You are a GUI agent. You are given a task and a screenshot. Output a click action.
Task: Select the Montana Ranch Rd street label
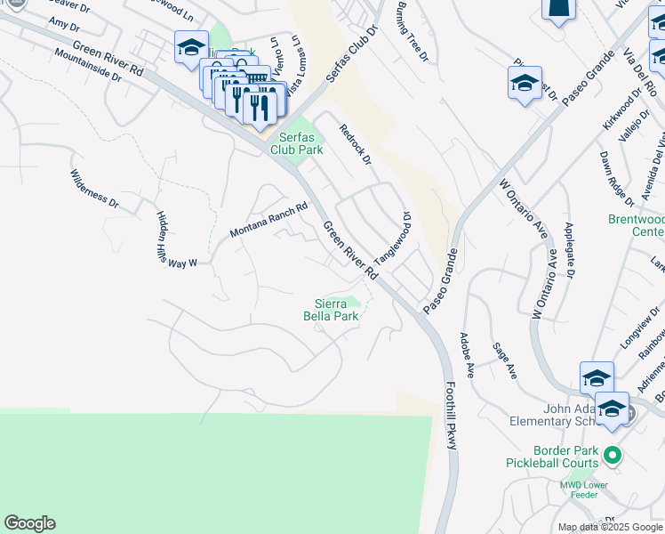268,220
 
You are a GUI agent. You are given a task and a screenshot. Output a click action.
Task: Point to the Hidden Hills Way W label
176,239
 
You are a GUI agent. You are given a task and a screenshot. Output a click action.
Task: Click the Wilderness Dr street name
94,189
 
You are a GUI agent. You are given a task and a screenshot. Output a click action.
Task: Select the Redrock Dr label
355,144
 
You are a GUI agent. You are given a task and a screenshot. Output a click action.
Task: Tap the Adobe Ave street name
466,355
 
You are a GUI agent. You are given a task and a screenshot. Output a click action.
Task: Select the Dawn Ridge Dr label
614,178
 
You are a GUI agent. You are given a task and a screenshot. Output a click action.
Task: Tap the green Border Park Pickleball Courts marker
611,457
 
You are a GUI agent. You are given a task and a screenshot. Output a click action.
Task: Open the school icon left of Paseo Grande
525,85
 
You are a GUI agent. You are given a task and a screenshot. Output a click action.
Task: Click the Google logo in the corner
29,523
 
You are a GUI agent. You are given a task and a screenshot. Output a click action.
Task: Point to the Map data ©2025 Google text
610,527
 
